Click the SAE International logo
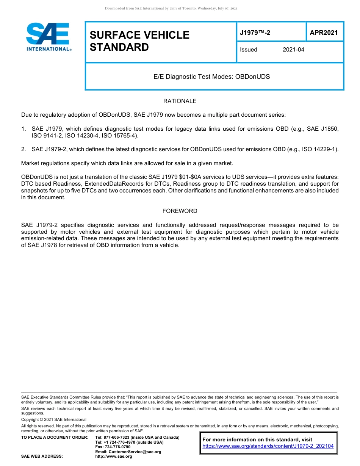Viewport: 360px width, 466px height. click(x=48, y=37)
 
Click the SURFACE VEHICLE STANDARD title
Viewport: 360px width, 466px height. click(x=139, y=41)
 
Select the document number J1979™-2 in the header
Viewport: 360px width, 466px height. click(x=255, y=33)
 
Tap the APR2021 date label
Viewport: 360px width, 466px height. click(x=324, y=33)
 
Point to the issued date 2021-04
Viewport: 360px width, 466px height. click(x=293, y=50)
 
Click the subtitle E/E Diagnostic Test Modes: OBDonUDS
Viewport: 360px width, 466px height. click(x=211, y=77)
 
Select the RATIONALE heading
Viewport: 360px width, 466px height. click(x=180, y=101)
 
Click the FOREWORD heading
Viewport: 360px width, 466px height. click(x=180, y=211)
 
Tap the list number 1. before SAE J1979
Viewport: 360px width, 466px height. click(x=23, y=129)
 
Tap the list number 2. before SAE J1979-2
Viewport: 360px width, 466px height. click(x=23, y=149)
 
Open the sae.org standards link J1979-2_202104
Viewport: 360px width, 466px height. click(x=268, y=446)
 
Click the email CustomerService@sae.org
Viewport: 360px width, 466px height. click(x=128, y=452)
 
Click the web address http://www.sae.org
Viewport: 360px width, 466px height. click(x=113, y=457)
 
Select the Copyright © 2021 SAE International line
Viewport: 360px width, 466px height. click(x=53, y=419)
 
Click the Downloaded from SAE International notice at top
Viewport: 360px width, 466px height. click(x=171, y=8)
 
